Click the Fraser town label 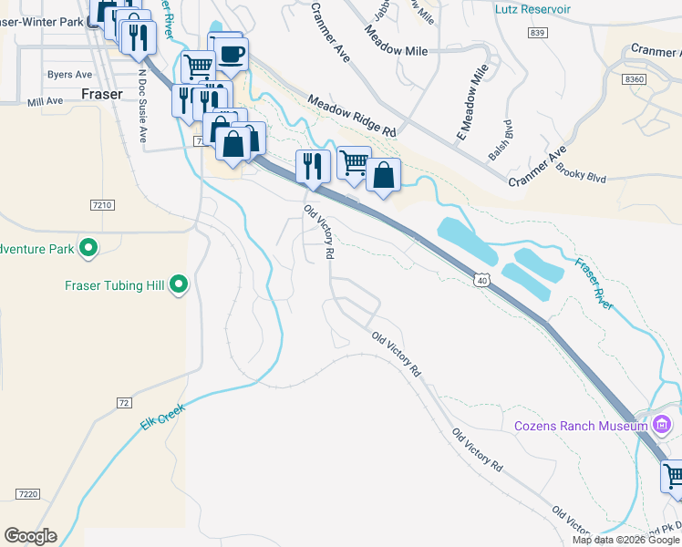coord(101,93)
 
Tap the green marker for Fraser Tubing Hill coord(179,285)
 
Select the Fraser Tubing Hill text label coord(114,285)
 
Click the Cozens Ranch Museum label coord(580,425)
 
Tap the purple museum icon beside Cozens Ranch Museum coord(662,425)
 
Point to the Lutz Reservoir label coord(532,9)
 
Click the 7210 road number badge coord(102,205)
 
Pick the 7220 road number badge coord(28,493)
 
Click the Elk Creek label coord(162,418)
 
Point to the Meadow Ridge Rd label coord(351,116)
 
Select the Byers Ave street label coord(70,75)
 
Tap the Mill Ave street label coord(44,103)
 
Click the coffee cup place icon coord(232,53)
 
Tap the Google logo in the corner coord(30,536)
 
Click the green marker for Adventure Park coord(88,247)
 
